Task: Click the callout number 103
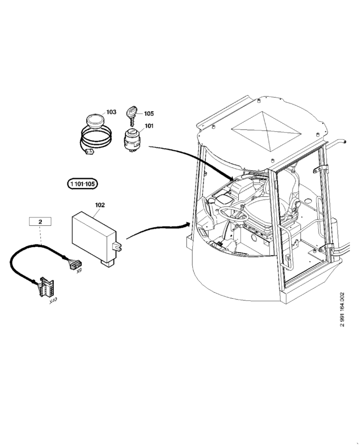[x=111, y=112]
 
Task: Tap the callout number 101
[x=149, y=126]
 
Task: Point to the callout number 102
[x=100, y=205]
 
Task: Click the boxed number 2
[x=40, y=221]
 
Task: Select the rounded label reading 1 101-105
[x=82, y=183]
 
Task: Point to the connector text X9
[x=79, y=271]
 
